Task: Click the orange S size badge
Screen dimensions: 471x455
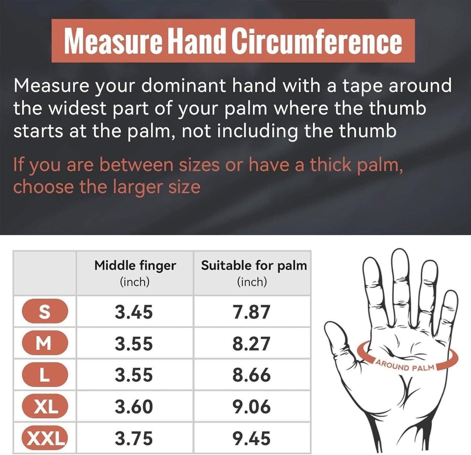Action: [45, 312]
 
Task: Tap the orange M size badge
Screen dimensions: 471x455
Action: [45, 343]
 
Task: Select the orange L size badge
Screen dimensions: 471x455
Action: [45, 375]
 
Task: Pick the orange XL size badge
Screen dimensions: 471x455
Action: [45, 406]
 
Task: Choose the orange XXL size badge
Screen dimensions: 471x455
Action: [45, 438]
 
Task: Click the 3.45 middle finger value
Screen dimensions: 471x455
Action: [134, 312]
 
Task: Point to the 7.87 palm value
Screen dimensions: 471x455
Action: [252, 312]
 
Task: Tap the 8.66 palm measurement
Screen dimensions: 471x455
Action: [252, 375]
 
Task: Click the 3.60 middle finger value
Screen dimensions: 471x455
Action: [134, 407]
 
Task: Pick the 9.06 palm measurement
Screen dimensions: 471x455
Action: [252, 407]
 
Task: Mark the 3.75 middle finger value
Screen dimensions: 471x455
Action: [134, 438]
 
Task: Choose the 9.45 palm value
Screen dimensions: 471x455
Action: [252, 438]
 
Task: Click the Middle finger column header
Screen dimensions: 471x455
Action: [135, 273]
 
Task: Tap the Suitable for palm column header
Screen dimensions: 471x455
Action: [254, 273]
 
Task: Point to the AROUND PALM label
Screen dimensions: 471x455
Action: [405, 366]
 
